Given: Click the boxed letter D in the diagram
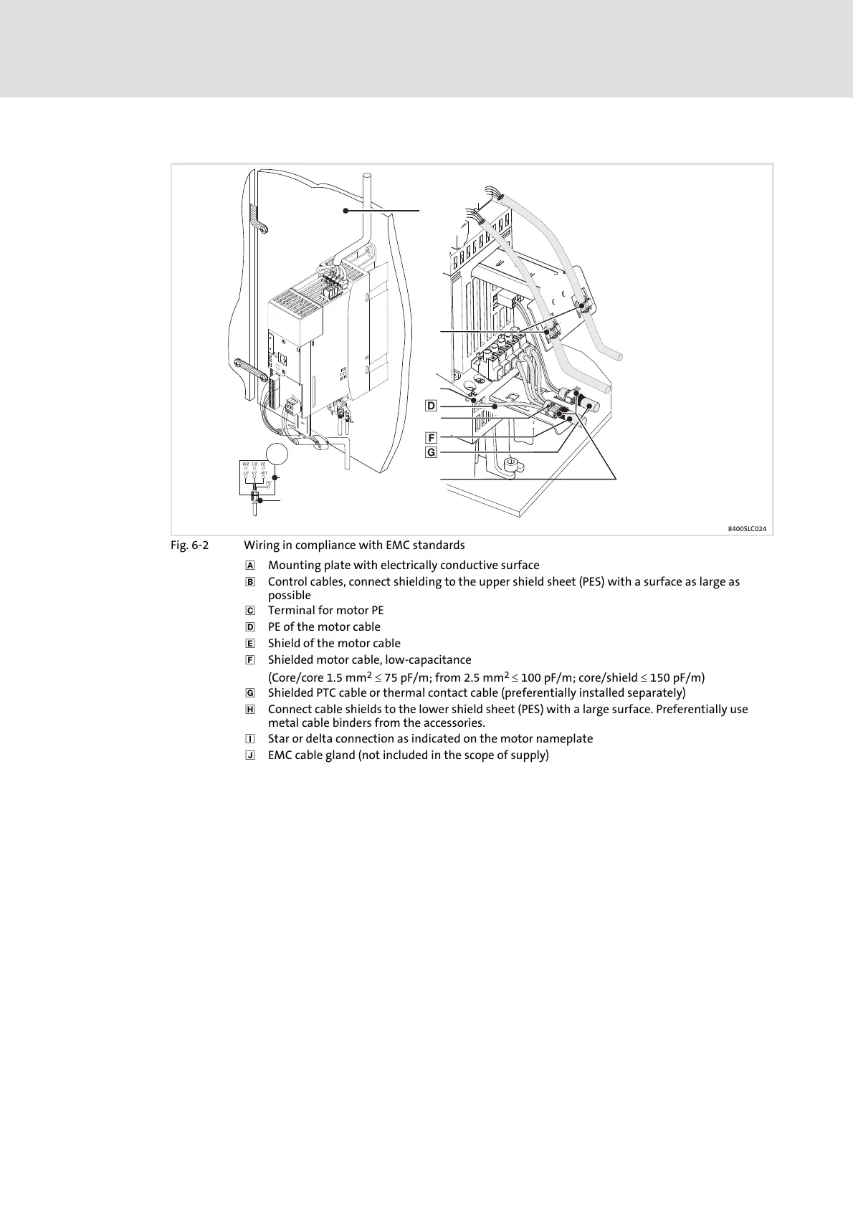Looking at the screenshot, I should (431, 406).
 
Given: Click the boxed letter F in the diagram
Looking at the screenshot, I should (431, 437).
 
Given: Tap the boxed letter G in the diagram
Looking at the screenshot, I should (431, 452).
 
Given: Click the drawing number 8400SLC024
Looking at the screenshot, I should (748, 530).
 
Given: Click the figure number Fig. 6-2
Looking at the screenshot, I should (190, 545).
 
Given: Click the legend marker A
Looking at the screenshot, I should (250, 566).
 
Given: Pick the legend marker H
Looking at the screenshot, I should (250, 710).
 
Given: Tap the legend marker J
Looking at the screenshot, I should (250, 755).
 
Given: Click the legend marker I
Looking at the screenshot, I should (250, 739).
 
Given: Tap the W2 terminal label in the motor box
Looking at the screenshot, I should (245, 464).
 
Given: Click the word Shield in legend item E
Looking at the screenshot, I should (284, 644).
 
